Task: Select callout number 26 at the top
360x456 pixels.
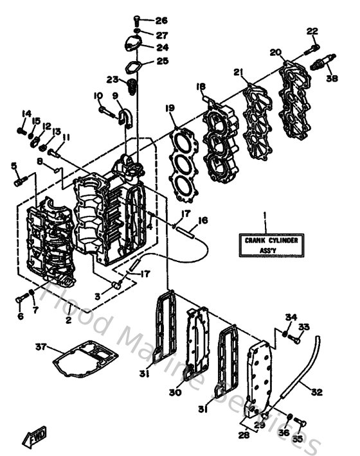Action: [x=161, y=21]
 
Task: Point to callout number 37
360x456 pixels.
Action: [x=40, y=347]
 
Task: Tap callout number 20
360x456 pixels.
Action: [x=276, y=53]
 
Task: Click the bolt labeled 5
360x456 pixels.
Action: [x=18, y=182]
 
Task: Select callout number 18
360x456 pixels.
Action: [x=201, y=87]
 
